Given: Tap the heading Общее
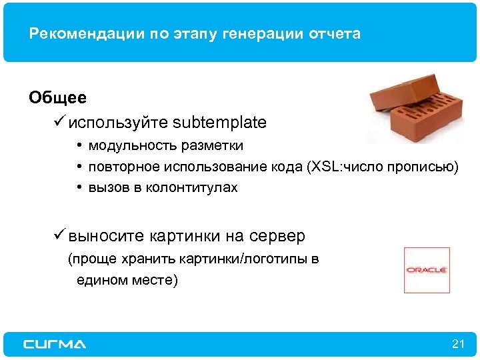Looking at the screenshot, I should [x=57, y=98].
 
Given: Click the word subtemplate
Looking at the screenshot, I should [x=219, y=123].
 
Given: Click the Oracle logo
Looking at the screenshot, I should [x=427, y=270].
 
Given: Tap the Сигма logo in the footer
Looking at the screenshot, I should [x=55, y=344].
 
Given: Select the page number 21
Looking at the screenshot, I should [x=457, y=344].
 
